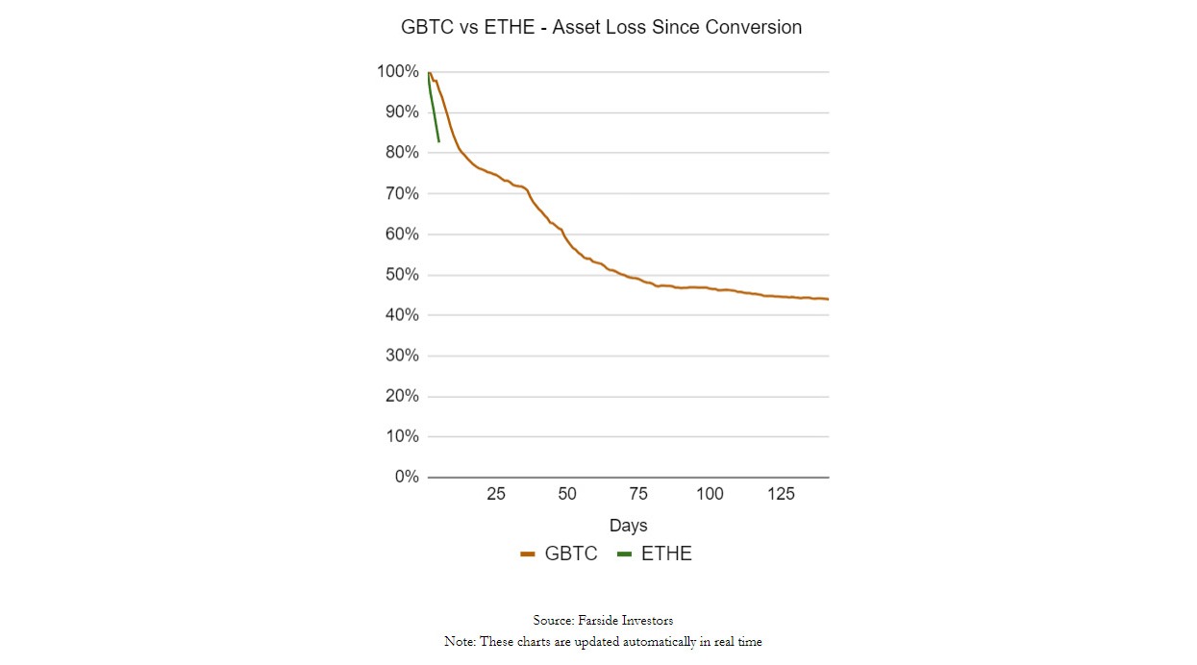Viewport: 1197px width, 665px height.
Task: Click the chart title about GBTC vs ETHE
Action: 601,28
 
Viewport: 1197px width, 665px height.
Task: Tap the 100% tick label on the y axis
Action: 397,72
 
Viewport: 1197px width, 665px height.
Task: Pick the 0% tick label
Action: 406,478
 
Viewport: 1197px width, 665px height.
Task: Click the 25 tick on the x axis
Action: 495,494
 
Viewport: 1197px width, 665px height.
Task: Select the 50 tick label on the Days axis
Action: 567,494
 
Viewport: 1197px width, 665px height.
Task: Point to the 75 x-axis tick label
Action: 638,494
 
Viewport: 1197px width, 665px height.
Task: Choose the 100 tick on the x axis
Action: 710,494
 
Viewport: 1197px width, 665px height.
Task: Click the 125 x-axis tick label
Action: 781,494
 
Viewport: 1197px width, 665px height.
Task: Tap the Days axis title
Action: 628,526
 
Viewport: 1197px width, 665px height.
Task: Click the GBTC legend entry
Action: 560,554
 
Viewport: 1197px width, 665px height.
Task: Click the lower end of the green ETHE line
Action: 438,141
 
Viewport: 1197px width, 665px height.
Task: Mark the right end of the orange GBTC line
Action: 827,299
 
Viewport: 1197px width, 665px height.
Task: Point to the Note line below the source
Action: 602,642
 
